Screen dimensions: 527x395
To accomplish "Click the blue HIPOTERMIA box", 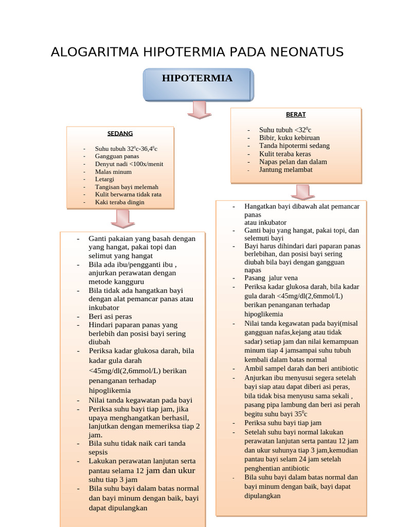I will [x=197, y=84].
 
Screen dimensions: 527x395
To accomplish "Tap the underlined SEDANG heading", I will [x=120, y=133].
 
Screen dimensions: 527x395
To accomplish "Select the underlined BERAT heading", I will [x=296, y=114].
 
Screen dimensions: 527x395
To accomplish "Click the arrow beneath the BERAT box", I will [x=302, y=191].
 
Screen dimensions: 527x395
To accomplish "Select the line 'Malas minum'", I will [x=113, y=171].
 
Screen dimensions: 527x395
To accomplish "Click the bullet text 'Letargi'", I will [x=105, y=179].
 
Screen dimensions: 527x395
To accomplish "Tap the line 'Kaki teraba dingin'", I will [x=119, y=202].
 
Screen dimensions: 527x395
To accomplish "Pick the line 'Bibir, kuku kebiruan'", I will [x=289, y=137].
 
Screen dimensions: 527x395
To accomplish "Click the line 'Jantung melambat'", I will [x=285, y=169].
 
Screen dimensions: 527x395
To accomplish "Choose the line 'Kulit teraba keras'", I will [x=285, y=153].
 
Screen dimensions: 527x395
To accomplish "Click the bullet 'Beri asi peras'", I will [x=110, y=316].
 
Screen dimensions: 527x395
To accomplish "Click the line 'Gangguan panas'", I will [x=117, y=156].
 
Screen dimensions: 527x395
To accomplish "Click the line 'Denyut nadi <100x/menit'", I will [x=129, y=164].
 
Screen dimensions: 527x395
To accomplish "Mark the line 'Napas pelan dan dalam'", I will [x=293, y=162].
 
